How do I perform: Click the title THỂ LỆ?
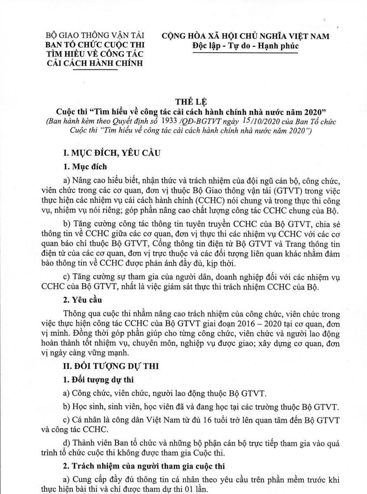[183, 101]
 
